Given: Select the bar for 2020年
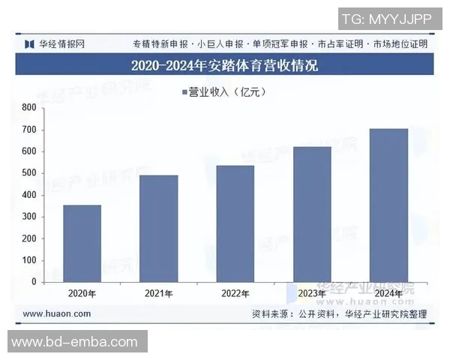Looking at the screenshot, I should (x=82, y=244).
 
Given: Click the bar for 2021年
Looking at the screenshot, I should (x=158, y=229).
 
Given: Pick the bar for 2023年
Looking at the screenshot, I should (x=312, y=214).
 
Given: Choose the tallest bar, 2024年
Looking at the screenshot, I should (x=388, y=205).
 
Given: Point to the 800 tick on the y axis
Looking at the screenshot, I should (x=29, y=108).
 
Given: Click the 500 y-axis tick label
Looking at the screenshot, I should (x=29, y=173).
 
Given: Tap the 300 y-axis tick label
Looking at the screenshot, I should (x=29, y=217).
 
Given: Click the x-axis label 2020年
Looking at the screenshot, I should (x=82, y=294).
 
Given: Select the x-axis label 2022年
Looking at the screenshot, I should (x=235, y=294).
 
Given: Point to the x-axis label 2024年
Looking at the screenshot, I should (x=388, y=294).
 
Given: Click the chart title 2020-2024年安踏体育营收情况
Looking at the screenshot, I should (x=224, y=65).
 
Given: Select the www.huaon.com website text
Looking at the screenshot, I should (x=57, y=313).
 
